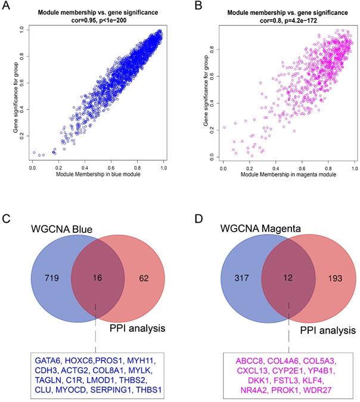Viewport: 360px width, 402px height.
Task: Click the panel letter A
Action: coord(8,8)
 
